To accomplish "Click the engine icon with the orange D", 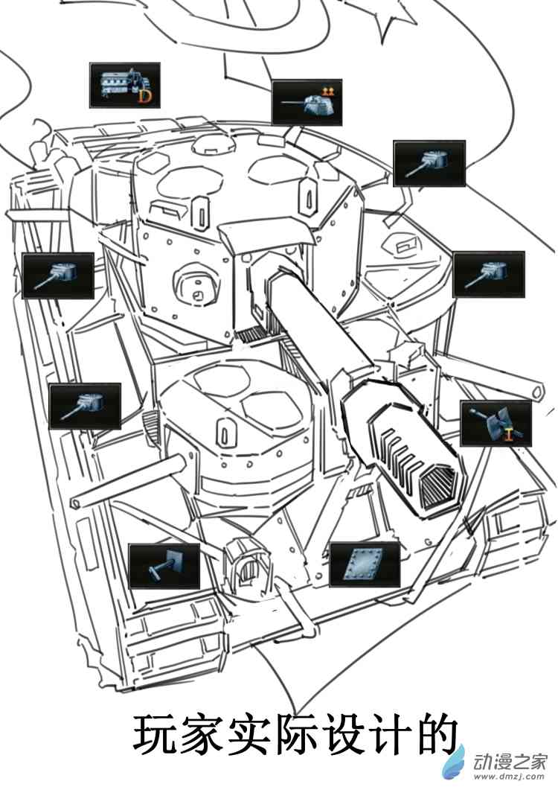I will pyautogui.click(x=124, y=84).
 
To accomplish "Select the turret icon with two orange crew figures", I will pyautogui.click(x=307, y=103).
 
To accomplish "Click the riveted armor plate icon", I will pyautogui.click(x=365, y=564).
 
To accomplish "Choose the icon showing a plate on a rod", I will pyautogui.click(x=164, y=566).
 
